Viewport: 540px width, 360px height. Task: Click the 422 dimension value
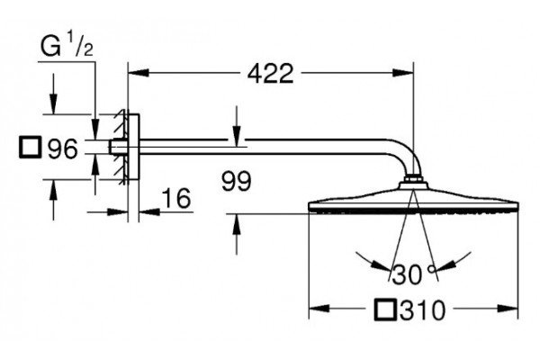tap(271, 73)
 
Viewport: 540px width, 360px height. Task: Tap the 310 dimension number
tap(423, 310)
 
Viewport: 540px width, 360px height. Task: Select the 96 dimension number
tap(63, 149)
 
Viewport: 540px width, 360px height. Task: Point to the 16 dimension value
tap(176, 198)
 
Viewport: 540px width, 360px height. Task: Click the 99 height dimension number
tap(236, 181)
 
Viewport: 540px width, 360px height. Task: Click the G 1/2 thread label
tap(67, 46)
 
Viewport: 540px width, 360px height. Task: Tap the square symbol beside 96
tap(31, 148)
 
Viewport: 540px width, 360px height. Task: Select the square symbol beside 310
tap(386, 310)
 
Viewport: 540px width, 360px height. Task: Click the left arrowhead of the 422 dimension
tap(139, 73)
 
